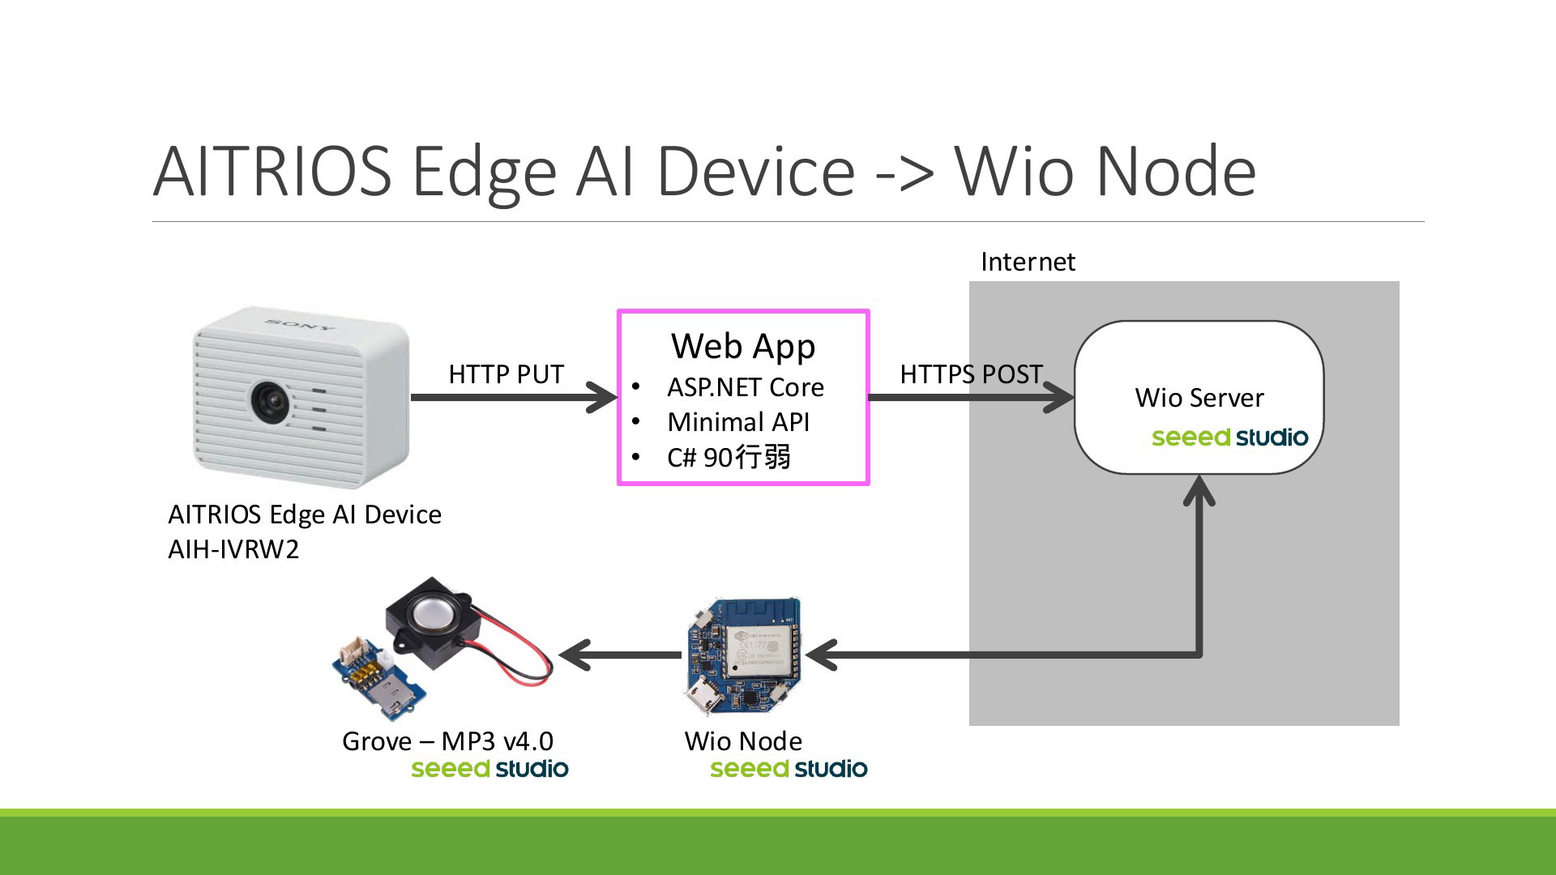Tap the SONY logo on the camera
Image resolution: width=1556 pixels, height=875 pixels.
pyautogui.click(x=300, y=325)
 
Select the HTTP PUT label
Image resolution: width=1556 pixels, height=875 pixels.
pyautogui.click(x=507, y=374)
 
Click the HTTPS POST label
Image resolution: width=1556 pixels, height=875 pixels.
pyautogui.click(x=971, y=374)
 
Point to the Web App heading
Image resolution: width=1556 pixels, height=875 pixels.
pyautogui.click(x=743, y=347)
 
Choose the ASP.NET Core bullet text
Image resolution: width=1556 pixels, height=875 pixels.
pyautogui.click(x=746, y=387)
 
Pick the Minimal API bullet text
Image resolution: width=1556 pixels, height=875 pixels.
pyautogui.click(x=738, y=422)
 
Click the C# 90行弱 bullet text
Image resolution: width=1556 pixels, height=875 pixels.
pyautogui.click(x=729, y=458)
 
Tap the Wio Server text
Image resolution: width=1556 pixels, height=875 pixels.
pyautogui.click(x=1199, y=398)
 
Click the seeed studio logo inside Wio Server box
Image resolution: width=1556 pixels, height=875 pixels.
pyautogui.click(x=1230, y=437)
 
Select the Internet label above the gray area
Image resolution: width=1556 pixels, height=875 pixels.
pyautogui.click(x=1028, y=262)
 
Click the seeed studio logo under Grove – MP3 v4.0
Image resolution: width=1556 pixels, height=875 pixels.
pyautogui.click(x=489, y=769)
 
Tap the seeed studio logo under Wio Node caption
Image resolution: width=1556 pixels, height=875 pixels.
pyautogui.click(x=789, y=769)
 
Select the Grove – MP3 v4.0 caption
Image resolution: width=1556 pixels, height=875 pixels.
pyautogui.click(x=447, y=741)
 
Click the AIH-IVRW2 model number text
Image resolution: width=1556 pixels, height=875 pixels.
pyautogui.click(x=233, y=549)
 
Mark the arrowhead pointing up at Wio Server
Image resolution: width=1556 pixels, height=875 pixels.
pyautogui.click(x=1199, y=490)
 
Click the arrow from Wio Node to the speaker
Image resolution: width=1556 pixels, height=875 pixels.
pyautogui.click(x=621, y=655)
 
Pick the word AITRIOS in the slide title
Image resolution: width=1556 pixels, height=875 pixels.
pyautogui.click(x=272, y=171)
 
